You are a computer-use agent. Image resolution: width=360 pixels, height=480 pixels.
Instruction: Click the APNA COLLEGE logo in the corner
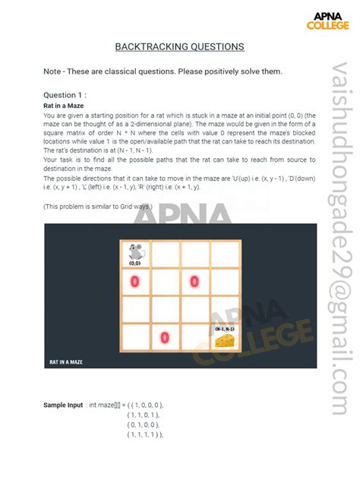[327, 21]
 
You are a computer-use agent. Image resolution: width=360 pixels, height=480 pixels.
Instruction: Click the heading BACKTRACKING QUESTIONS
[179, 47]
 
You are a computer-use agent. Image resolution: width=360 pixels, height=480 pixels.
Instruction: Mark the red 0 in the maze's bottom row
[165, 336]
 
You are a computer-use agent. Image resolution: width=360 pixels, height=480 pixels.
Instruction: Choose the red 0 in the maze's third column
[194, 282]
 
